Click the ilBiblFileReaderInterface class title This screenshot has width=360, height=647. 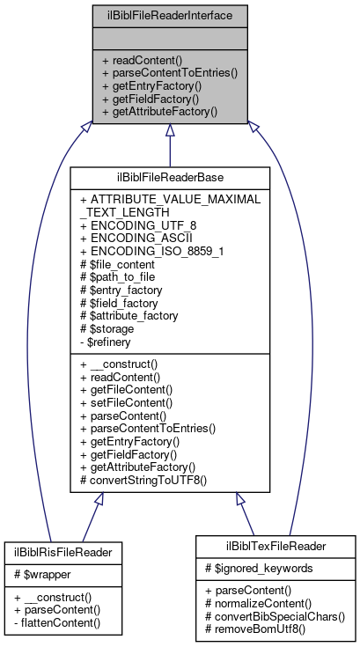click(x=169, y=15)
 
